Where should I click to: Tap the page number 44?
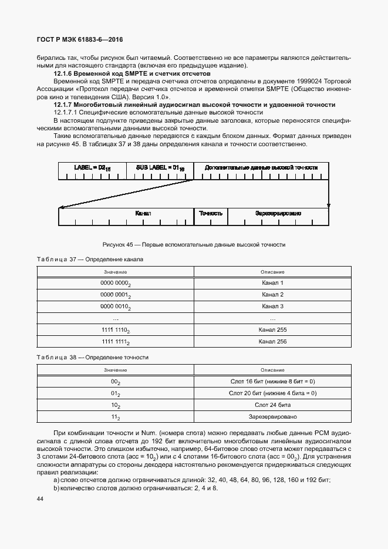(40, 499)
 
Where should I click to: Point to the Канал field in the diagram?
(143, 214)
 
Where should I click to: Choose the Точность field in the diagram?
(211, 214)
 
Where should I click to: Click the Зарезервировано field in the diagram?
(278, 214)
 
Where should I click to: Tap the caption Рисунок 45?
(194, 244)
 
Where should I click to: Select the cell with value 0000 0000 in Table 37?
(116, 284)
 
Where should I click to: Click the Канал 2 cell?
(272, 295)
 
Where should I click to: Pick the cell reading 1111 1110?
(116, 331)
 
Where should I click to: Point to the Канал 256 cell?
(272, 342)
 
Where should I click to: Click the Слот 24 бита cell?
(272, 405)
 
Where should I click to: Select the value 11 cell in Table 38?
(116, 417)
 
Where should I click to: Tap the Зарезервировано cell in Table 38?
(272, 417)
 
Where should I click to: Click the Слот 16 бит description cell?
(272, 382)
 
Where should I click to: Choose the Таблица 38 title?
(92, 357)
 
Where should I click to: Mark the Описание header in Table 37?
(272, 272)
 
